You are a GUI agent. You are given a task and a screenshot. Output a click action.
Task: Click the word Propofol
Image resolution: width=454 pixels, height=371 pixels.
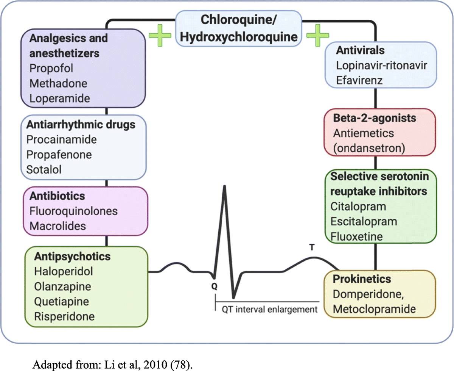pos(51,68)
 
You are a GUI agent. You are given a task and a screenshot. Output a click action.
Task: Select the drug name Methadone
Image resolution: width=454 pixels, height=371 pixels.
pos(58,83)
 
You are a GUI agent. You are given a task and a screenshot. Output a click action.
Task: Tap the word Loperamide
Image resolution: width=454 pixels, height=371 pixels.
pos(60,98)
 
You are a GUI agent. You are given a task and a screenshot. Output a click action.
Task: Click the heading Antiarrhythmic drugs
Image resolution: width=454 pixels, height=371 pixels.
pos(81,124)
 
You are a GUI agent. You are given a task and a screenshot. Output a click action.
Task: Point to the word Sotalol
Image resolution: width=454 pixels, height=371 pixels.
pos(44,169)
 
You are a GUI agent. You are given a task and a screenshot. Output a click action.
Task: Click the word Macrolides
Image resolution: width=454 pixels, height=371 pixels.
pos(58,226)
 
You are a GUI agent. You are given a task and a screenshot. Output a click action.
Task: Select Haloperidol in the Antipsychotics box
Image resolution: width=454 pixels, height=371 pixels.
pos(64,271)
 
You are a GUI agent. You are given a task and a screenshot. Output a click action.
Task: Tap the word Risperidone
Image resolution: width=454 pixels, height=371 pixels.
pos(64,316)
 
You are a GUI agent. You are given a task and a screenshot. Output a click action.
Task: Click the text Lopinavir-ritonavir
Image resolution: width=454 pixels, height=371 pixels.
pos(382,65)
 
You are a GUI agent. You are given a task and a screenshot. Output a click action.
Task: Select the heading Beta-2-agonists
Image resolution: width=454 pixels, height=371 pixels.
pos(374,118)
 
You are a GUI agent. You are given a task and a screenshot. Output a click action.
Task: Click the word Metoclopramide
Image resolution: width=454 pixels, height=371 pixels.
pos(374,308)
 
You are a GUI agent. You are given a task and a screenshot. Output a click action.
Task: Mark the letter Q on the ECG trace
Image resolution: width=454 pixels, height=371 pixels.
pos(214,287)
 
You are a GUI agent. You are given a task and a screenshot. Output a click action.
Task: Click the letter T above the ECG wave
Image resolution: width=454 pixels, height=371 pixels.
pos(312,247)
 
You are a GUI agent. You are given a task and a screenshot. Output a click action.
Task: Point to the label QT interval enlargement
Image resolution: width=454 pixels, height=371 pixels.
pos(269,309)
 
